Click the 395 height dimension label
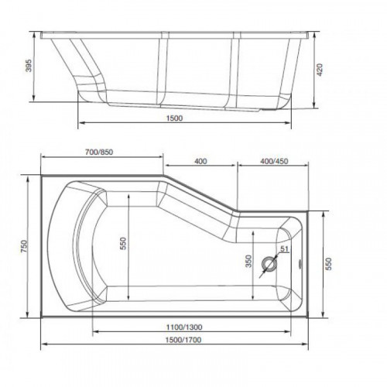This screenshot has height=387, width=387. tap(29, 66)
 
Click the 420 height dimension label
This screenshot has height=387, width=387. tap(320, 70)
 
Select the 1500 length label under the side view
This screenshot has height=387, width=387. tap(174, 118)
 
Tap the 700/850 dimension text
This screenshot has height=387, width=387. tap(99, 152)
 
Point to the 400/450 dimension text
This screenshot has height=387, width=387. tap(274, 161)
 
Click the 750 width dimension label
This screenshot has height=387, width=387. tap(24, 246)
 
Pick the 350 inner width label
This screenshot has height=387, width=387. tap(248, 261)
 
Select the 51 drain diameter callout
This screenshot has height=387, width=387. tap(284, 249)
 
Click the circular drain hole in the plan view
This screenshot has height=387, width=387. tap(269, 264)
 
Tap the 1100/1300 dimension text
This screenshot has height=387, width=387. tap(184, 327)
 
